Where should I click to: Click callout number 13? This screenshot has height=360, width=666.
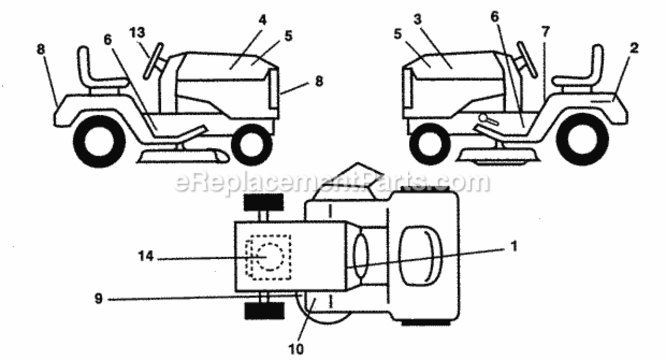[137, 33]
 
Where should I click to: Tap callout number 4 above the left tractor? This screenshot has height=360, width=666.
[262, 20]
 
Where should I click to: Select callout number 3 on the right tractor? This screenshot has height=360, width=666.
[418, 20]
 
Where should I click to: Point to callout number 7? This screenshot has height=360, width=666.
[545, 32]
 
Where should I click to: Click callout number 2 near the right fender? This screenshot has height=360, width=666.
[634, 48]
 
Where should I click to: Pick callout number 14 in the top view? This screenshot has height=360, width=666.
[146, 256]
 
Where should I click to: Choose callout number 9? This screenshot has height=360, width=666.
[98, 298]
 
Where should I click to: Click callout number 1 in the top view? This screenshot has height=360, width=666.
[514, 246]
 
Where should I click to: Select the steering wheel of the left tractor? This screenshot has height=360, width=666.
[154, 61]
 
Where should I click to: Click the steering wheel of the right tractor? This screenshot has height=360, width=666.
[527, 60]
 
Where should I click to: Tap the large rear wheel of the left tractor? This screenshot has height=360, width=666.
[99, 142]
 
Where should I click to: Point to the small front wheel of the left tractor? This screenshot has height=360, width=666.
[252, 144]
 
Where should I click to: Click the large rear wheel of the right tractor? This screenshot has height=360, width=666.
[582, 139]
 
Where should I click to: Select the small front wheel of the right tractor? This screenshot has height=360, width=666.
[430, 144]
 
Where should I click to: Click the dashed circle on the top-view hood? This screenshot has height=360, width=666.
[270, 257]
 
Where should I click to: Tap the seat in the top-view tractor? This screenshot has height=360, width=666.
[420, 256]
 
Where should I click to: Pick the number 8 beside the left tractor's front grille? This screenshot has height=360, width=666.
[319, 81]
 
